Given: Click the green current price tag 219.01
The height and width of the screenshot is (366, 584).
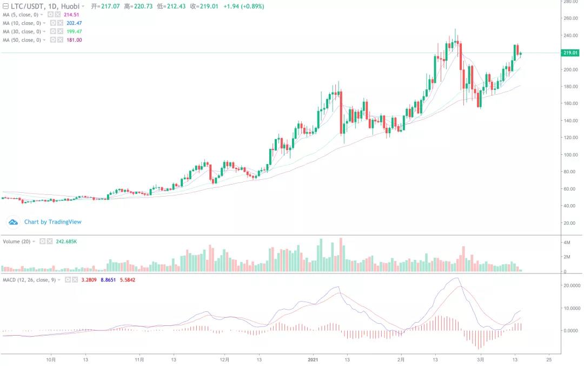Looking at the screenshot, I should [x=571, y=53].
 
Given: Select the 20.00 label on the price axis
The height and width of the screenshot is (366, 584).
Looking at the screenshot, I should [x=569, y=223].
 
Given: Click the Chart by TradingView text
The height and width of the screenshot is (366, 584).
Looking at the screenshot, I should [x=53, y=221].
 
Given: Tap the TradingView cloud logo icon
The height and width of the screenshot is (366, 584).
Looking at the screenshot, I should [x=13, y=221].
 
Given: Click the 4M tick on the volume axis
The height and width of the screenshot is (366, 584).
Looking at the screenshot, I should [x=567, y=242].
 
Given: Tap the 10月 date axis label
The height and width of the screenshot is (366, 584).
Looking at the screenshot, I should [x=51, y=359].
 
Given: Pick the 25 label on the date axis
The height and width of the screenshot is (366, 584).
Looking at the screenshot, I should [x=549, y=359].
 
